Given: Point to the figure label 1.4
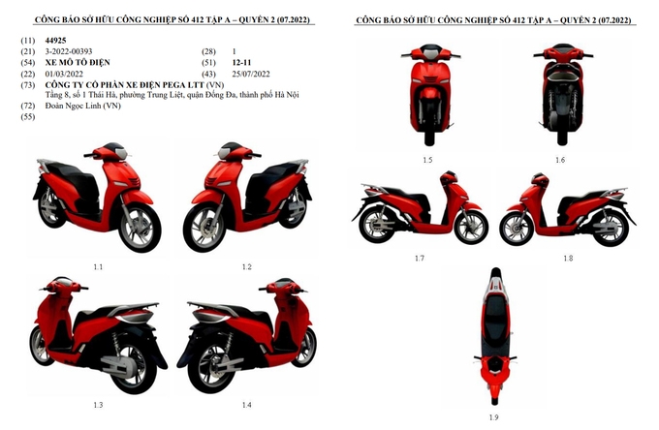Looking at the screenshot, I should [x=246, y=404].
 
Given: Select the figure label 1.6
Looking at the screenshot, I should [x=560, y=159].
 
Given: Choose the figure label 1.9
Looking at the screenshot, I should [x=495, y=416].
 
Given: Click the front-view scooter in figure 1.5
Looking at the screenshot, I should [x=427, y=97].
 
